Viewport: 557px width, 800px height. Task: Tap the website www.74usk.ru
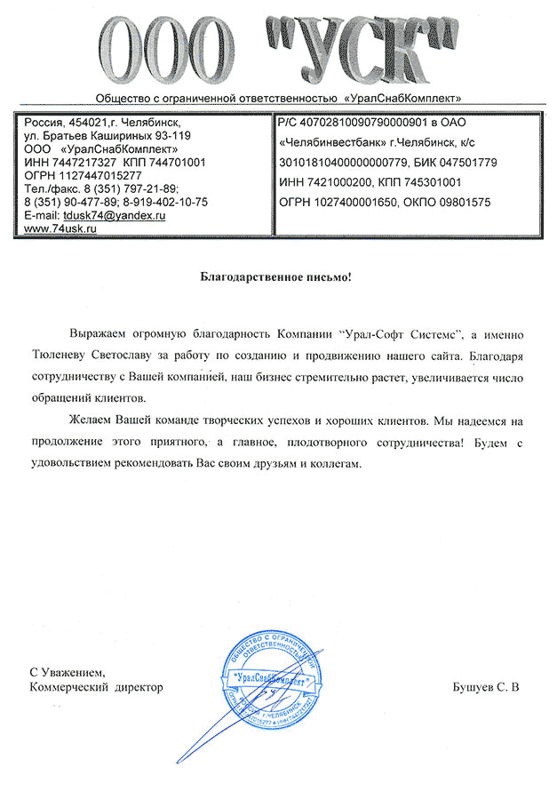pos(60,228)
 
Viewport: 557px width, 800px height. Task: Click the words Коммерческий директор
pos(96,688)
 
